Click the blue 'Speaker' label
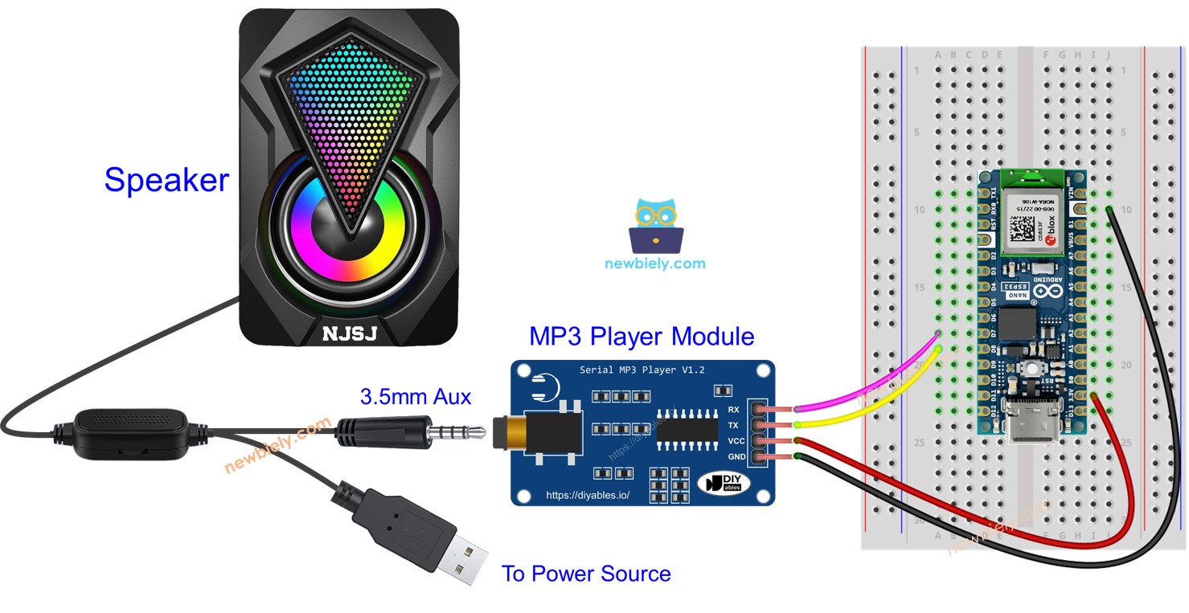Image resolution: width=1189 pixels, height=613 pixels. click(x=166, y=179)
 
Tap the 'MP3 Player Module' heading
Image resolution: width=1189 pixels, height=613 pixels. click(x=641, y=336)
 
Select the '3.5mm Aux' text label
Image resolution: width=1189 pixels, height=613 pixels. click(x=415, y=396)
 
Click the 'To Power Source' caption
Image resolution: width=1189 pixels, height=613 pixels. click(x=585, y=574)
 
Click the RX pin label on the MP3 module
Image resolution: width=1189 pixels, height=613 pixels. click(x=733, y=410)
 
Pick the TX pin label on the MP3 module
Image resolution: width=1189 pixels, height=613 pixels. click(x=733, y=425)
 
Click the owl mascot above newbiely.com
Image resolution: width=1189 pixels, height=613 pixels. click(x=655, y=226)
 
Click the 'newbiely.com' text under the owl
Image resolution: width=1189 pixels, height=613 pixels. click(x=654, y=263)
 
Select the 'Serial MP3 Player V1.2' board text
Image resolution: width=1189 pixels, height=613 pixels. click(x=642, y=370)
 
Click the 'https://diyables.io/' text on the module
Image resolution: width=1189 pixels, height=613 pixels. click(x=587, y=496)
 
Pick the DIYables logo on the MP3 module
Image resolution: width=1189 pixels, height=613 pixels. click(x=727, y=483)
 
